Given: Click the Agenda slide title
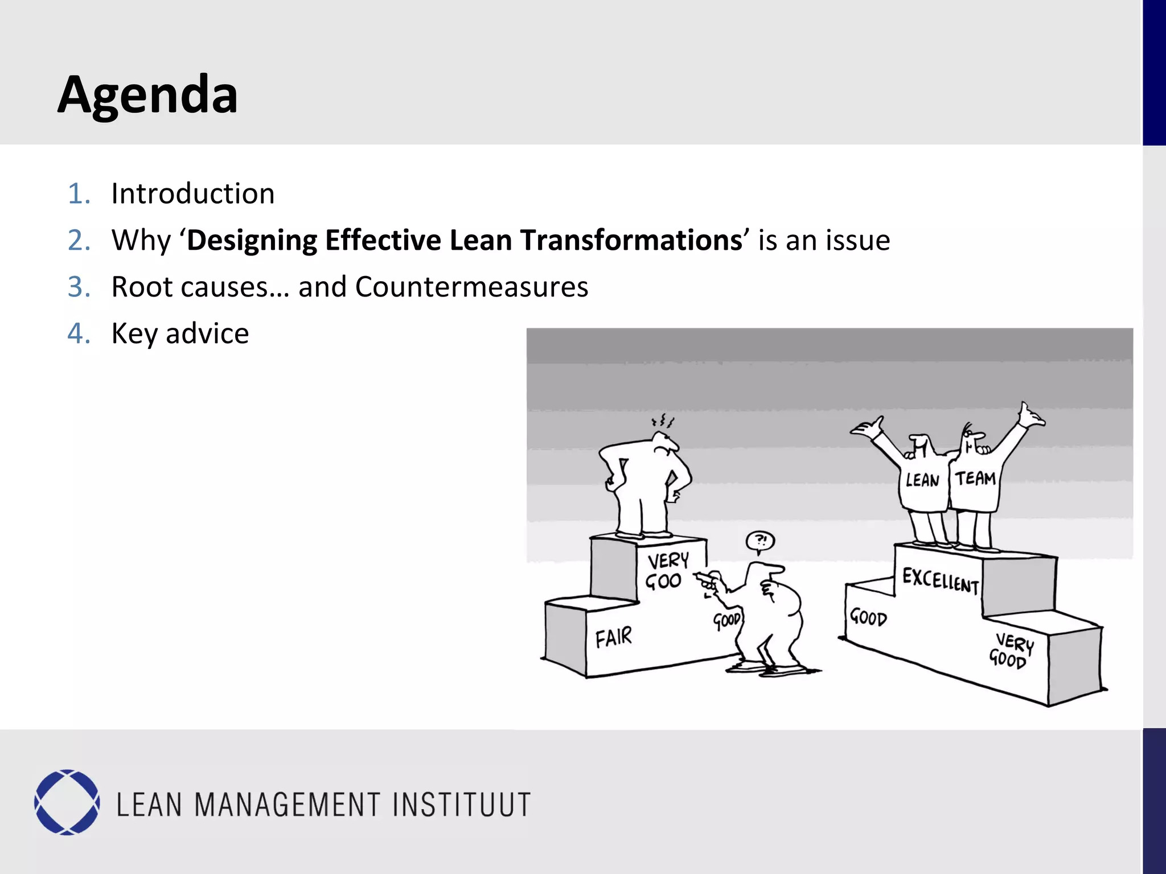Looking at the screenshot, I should (147, 95).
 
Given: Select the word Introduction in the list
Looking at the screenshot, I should (193, 194).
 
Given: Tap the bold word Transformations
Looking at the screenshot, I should (631, 240).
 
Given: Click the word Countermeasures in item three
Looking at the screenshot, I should (471, 287).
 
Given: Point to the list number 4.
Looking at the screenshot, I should (79, 333).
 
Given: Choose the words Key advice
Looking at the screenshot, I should (180, 333).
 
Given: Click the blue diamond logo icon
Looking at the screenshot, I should (67, 802).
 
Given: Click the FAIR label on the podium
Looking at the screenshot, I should (614, 637).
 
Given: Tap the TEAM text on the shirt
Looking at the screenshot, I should (975, 479).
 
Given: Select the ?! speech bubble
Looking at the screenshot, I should (761, 541).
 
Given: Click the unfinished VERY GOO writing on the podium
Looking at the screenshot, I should (666, 571).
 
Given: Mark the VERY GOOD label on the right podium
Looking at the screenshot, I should (1011, 651).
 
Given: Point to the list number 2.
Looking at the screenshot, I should (79, 240).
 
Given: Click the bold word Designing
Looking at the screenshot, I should (251, 240).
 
